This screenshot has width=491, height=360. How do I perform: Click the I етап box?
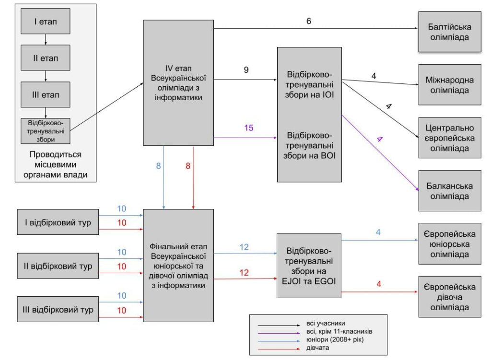[x=45, y=21]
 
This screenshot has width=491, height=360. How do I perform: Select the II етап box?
[x=45, y=58]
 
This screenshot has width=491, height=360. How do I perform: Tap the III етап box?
[x=45, y=94]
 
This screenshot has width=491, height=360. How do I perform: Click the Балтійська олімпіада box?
[x=449, y=32]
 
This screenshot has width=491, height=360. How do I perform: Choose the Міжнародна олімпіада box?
[x=449, y=84]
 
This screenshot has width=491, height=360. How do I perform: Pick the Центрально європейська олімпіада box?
[x=449, y=138]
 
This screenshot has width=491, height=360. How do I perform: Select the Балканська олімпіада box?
[x=449, y=191]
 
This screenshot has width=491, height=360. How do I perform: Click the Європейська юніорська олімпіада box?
[x=449, y=244]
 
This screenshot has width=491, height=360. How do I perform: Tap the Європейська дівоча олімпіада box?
[x=449, y=296]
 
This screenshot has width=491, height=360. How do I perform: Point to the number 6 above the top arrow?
[x=309, y=21]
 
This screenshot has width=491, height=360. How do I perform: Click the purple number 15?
[x=248, y=128]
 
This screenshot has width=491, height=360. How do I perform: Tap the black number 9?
[x=246, y=70]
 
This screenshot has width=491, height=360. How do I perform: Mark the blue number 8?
[x=158, y=166]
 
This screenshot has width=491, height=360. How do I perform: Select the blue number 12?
[x=244, y=246]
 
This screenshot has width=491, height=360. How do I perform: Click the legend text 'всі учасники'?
[x=326, y=323]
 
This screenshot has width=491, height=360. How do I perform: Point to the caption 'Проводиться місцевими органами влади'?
[x=56, y=165]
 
